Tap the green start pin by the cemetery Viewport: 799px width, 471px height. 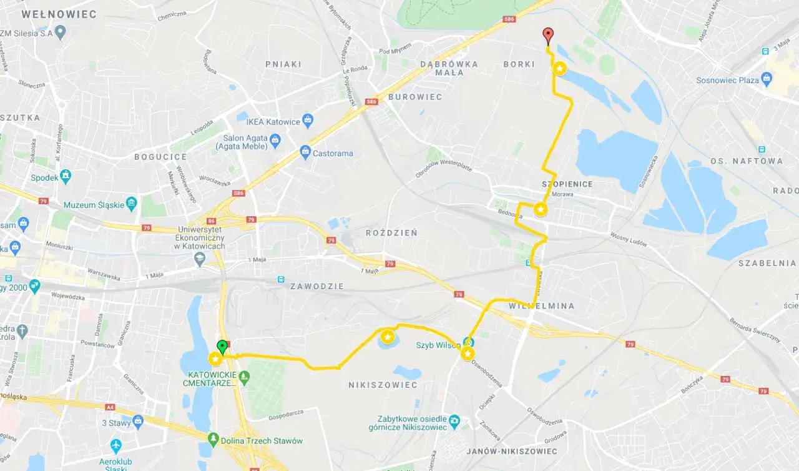click(x=221, y=347)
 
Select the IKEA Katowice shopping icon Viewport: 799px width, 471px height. click(x=307, y=119)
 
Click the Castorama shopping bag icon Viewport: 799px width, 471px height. click(x=305, y=151)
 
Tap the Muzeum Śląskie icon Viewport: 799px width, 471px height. click(x=131, y=203)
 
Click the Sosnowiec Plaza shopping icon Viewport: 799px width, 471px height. click(x=767, y=79)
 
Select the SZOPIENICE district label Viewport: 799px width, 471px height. click(x=567, y=184)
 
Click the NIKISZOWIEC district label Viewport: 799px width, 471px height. click(x=383, y=385)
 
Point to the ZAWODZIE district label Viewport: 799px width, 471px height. click(x=316, y=286)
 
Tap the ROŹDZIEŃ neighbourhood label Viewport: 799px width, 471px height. click(x=391, y=233)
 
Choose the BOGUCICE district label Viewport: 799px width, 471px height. click(x=160, y=157)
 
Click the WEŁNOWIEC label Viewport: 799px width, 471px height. click(x=59, y=14)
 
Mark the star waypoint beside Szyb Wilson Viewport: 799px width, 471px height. click(x=468, y=354)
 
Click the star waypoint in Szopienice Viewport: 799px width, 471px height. click(x=541, y=210)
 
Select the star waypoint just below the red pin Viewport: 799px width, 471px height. click(x=560, y=69)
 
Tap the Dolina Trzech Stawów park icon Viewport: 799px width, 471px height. click(x=214, y=440)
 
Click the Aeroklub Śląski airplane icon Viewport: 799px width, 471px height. click(x=115, y=446)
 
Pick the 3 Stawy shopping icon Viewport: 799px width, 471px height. click(x=138, y=422)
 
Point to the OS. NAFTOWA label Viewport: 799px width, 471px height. click(x=746, y=161)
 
